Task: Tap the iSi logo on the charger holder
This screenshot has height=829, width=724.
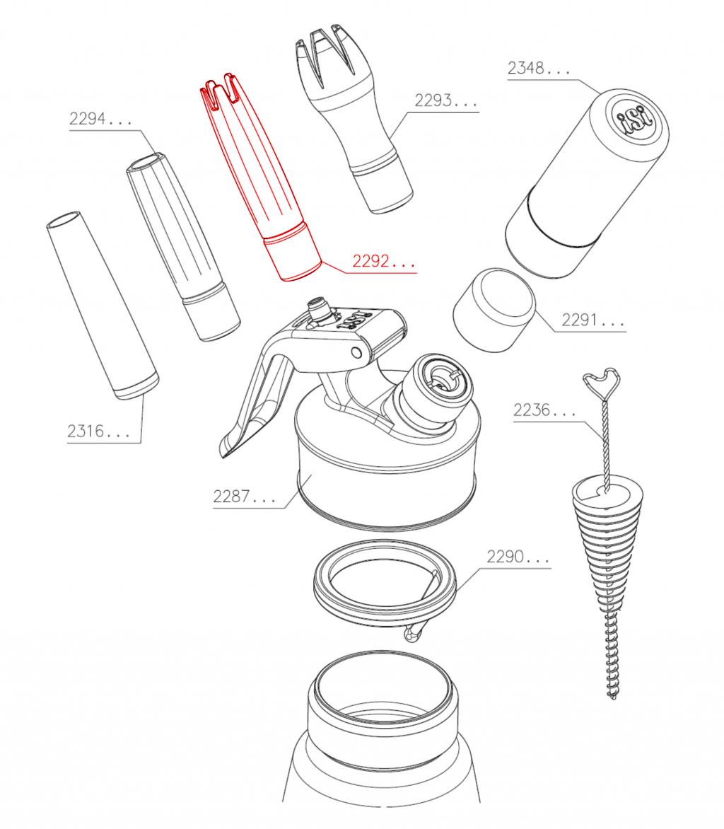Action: tap(634, 120)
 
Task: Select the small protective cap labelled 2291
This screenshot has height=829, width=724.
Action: tap(494, 311)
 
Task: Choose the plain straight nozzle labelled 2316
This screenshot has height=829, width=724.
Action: tap(103, 305)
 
